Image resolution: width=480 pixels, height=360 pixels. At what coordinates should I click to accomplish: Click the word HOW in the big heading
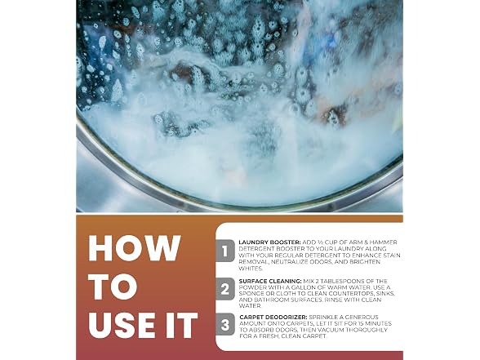[x=135, y=248]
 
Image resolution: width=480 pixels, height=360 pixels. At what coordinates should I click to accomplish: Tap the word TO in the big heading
[x=113, y=287]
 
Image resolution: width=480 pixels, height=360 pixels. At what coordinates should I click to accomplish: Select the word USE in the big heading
[x=122, y=325]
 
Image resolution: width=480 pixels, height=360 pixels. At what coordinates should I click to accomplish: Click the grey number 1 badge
[x=225, y=251]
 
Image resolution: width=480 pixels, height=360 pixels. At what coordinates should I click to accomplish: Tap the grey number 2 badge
[x=225, y=289]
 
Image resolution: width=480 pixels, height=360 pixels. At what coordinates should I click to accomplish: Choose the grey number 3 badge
[x=225, y=325]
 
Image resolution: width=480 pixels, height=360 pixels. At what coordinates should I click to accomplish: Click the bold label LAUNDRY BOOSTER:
[x=269, y=242]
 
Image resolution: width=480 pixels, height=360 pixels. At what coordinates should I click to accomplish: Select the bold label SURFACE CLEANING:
[x=270, y=281]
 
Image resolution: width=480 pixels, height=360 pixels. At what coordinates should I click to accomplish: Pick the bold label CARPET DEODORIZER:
[x=273, y=317]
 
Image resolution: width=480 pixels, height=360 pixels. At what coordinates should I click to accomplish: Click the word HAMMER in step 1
[x=384, y=242]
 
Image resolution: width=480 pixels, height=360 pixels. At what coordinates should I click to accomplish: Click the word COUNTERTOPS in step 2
[x=360, y=294]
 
